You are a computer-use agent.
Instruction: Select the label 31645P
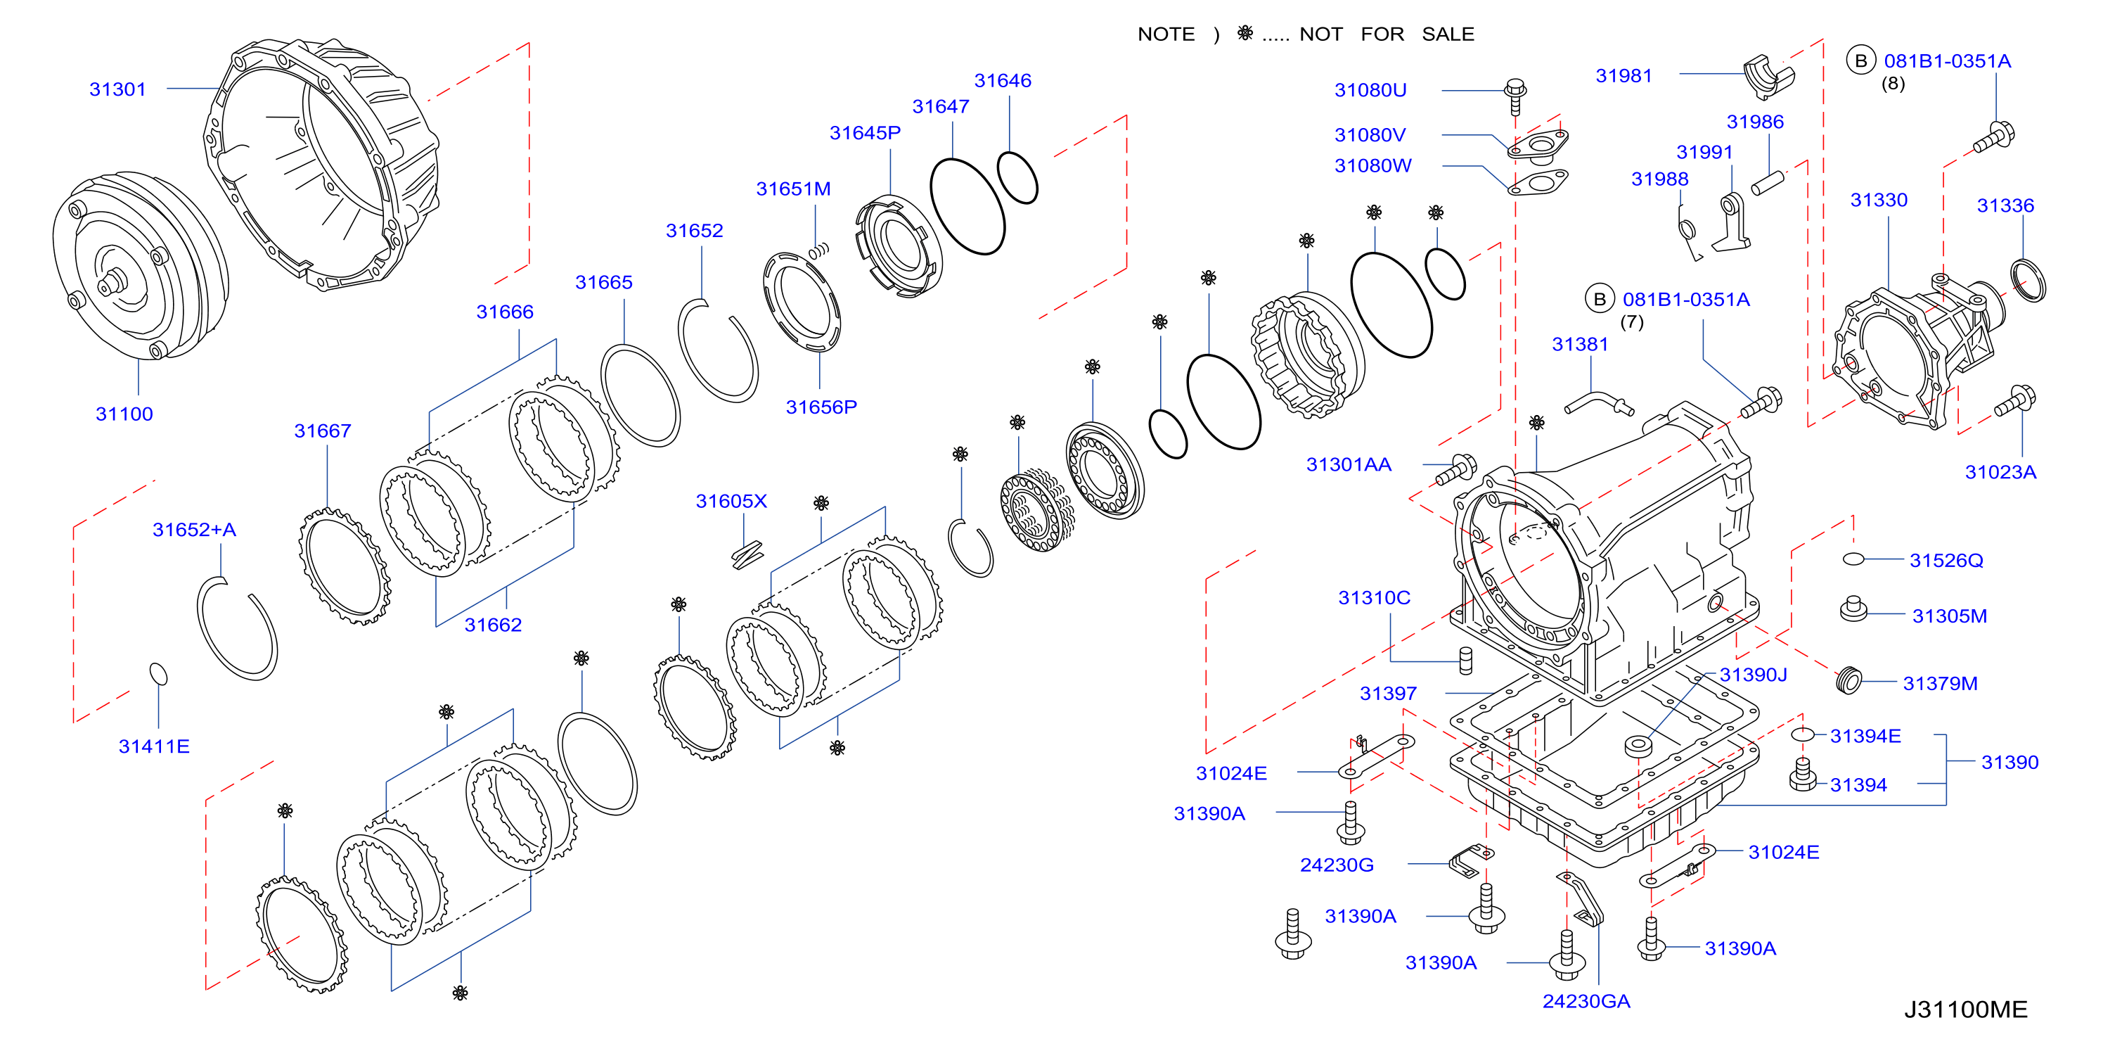[865, 133]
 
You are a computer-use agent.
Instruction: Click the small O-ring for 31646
[1017, 177]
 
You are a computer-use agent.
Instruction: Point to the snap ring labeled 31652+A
[237, 628]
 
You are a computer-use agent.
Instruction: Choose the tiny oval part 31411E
[158, 674]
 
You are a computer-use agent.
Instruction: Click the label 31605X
[731, 501]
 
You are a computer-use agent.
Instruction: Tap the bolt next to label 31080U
[1515, 97]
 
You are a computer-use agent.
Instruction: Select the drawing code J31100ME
[1965, 1010]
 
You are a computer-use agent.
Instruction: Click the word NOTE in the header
[1166, 34]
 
